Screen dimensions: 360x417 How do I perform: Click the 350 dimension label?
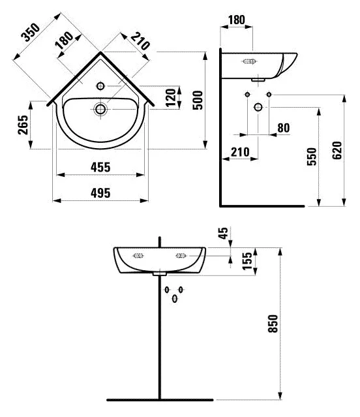point(31,33)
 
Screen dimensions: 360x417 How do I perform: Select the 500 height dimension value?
point(198,100)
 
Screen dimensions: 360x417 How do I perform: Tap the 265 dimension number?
point(23,125)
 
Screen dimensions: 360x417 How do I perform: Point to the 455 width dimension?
point(100,167)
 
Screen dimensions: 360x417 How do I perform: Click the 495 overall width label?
point(100,193)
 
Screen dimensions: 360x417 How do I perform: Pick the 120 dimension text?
point(171,97)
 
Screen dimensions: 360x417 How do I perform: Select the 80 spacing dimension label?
point(284,128)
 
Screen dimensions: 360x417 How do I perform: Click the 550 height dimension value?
point(312,157)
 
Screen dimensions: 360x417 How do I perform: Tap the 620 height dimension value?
point(337,151)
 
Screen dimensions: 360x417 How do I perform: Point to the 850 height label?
point(273,324)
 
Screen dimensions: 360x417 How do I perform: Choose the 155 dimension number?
point(247,261)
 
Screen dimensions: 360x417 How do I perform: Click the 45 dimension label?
point(224,233)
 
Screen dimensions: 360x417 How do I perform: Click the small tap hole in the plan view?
point(100,86)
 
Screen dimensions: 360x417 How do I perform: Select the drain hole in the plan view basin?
point(100,109)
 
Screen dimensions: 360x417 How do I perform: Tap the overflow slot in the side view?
point(249,61)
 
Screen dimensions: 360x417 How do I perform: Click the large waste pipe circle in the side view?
point(258,107)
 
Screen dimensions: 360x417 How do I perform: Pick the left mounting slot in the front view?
point(138,256)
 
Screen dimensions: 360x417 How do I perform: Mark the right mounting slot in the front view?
point(181,256)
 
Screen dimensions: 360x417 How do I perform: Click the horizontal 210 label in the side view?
point(240,152)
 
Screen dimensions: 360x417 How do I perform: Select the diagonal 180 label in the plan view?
point(64,40)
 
